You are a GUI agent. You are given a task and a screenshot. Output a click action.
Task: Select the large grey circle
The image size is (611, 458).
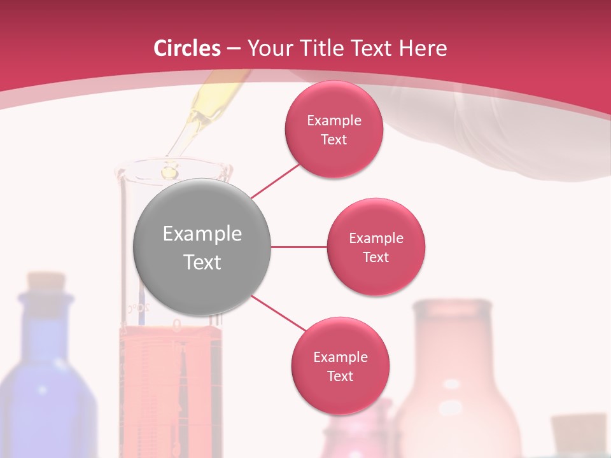click(202, 247)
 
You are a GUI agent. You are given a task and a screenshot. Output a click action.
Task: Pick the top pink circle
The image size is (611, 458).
click(334, 129)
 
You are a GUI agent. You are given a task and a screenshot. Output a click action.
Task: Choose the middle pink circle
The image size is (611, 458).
click(376, 247)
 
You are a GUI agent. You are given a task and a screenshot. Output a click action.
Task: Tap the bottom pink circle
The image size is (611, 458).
click(340, 366)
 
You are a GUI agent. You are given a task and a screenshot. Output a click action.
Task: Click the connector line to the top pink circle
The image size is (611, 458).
click(276, 181)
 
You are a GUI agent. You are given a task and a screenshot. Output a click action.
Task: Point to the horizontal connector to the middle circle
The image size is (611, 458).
click(298, 247)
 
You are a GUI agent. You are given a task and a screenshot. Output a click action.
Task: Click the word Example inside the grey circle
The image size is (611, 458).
click(202, 234)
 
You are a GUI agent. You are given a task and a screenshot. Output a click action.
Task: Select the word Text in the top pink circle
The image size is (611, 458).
click(334, 139)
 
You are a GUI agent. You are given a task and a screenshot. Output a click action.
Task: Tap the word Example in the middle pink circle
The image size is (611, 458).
click(376, 238)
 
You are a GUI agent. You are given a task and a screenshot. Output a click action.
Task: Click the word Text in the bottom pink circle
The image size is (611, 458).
click(340, 376)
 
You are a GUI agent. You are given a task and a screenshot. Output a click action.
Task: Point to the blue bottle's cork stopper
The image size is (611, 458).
click(44, 281)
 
